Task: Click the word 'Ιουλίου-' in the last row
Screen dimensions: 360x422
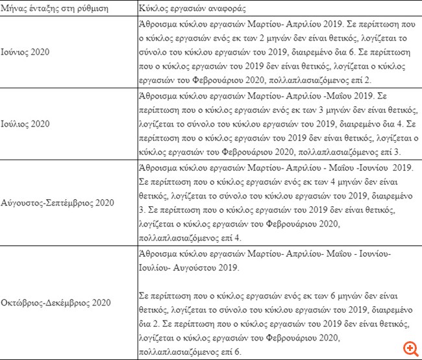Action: click(x=156, y=267)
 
